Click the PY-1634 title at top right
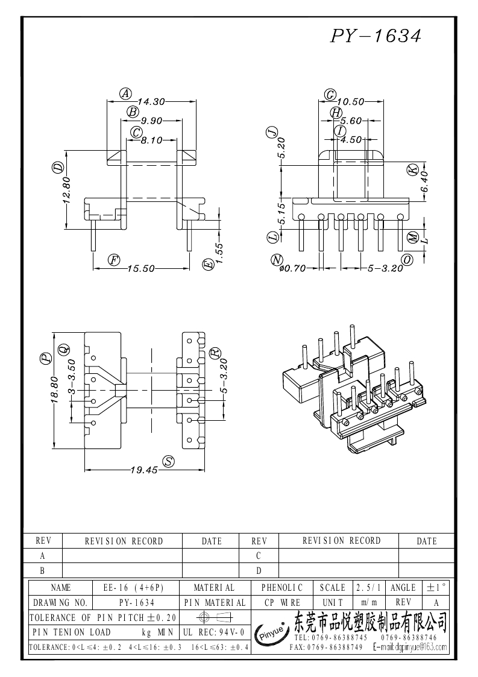[375, 37]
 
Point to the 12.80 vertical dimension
[67, 190]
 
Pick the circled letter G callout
[330, 95]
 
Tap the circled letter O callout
[407, 260]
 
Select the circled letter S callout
[169, 461]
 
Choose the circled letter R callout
[215, 353]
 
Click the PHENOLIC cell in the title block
[281, 587]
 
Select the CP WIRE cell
[281, 602]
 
